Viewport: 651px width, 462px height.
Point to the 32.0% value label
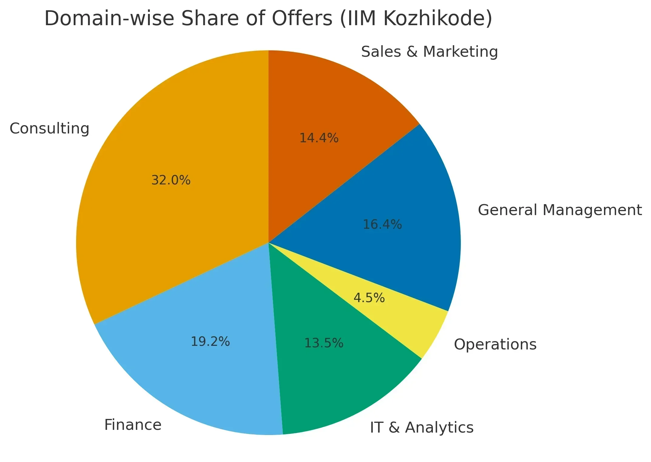tap(171, 180)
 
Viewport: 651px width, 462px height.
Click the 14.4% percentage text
tap(319, 138)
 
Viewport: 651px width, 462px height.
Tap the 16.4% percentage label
tap(382, 225)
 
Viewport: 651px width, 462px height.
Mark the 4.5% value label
tap(369, 298)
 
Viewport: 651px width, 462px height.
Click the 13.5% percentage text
tap(324, 343)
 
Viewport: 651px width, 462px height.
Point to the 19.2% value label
tap(210, 342)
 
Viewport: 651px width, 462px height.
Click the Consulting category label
tap(49, 129)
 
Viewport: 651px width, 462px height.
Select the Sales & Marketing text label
tap(429, 52)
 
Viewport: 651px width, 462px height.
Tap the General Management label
tap(560, 210)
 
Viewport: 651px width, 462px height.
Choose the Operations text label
tap(495, 345)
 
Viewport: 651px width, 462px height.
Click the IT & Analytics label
tap(422, 428)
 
